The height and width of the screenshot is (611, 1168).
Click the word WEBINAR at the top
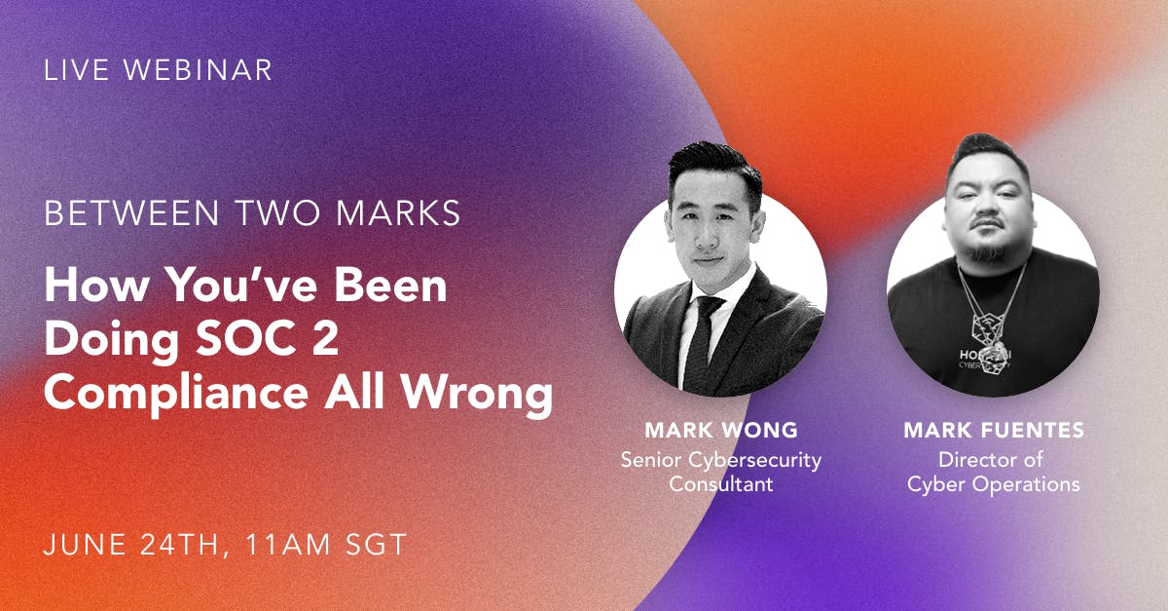[198, 70]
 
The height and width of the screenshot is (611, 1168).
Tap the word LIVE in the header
[77, 70]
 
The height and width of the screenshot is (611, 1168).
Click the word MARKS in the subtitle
[398, 213]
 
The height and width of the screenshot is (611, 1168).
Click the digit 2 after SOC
[325, 338]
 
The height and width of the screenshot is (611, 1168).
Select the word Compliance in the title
[176, 394]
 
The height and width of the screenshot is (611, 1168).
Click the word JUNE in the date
[85, 544]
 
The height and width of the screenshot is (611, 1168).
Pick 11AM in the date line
[288, 544]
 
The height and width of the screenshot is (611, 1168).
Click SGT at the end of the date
[377, 544]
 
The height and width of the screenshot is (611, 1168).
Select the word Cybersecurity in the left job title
[755, 461]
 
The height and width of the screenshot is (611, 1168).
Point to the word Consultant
[721, 484]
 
